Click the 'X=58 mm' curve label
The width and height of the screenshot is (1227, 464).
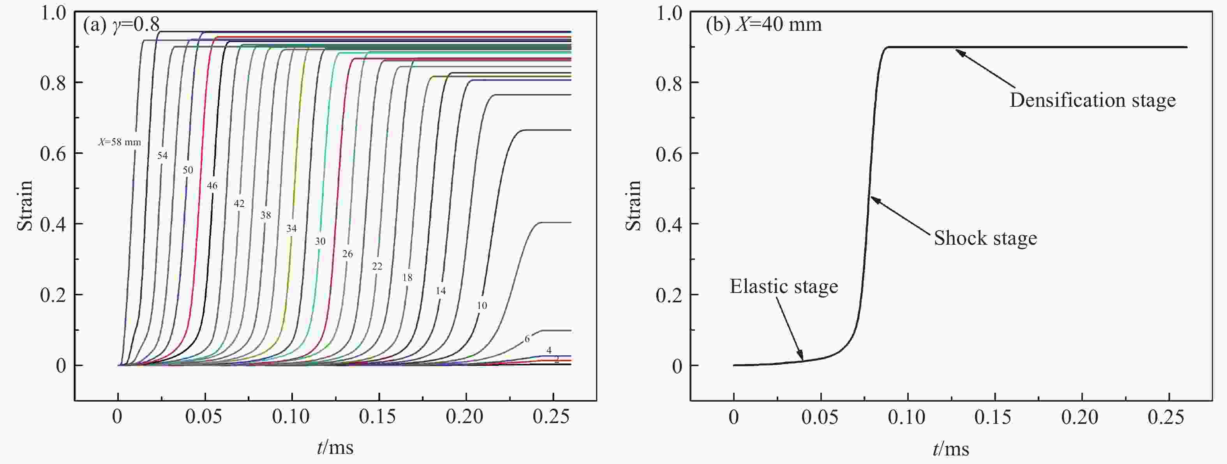click(x=120, y=142)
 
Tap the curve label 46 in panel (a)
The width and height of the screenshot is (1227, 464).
click(x=212, y=186)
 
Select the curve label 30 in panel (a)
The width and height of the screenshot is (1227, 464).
click(x=320, y=242)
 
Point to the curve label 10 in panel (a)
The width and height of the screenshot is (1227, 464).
click(x=482, y=306)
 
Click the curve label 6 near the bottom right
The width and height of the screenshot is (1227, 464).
click(x=527, y=339)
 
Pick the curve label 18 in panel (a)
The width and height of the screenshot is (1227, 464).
click(x=407, y=278)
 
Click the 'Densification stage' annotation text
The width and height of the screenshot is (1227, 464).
click(x=1092, y=101)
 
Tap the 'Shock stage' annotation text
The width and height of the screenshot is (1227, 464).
click(x=985, y=238)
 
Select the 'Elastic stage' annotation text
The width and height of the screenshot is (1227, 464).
click(x=784, y=287)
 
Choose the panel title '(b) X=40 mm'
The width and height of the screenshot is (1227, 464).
click(x=763, y=24)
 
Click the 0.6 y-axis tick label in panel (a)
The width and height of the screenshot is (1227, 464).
click(x=53, y=153)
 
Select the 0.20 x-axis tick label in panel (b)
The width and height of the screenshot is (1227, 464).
click(x=1080, y=417)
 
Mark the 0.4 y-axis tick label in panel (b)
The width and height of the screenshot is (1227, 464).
click(x=669, y=224)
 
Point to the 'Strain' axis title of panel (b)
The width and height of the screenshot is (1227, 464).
click(x=633, y=206)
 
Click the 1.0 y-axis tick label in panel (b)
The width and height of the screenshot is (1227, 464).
click(x=669, y=13)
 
